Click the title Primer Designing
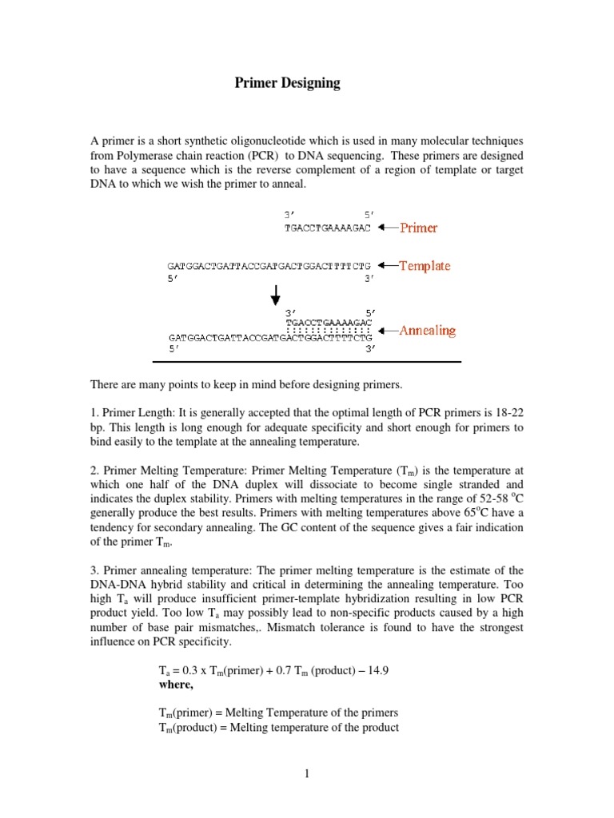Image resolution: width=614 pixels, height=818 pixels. click(287, 83)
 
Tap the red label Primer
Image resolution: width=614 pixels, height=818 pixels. click(418, 228)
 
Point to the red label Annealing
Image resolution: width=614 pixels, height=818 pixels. click(427, 330)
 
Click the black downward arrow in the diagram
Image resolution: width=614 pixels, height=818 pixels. click(275, 295)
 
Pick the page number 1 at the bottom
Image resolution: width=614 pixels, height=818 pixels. click(306, 773)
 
